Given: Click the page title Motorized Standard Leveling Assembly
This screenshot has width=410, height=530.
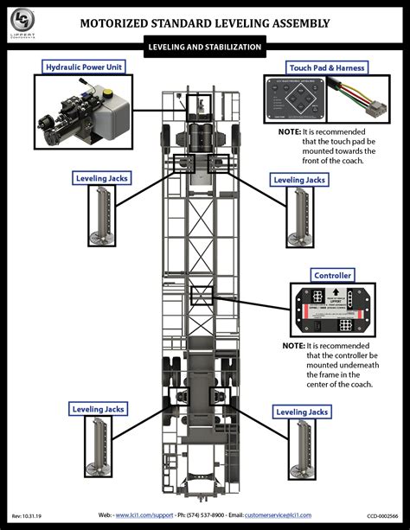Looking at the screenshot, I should click(204, 24).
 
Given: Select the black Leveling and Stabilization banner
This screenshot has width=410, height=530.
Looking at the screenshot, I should click(204, 48).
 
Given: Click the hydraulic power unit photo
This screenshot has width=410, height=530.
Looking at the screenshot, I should click(85, 112).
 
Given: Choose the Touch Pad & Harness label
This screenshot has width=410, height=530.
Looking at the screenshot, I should click(326, 67).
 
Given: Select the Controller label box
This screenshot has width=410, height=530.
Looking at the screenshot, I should click(331, 275).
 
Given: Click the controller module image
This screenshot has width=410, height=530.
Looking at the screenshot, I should click(331, 309).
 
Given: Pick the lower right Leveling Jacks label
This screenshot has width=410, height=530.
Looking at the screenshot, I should click(300, 412).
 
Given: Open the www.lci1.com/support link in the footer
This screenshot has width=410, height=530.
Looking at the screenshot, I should click(144, 514).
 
